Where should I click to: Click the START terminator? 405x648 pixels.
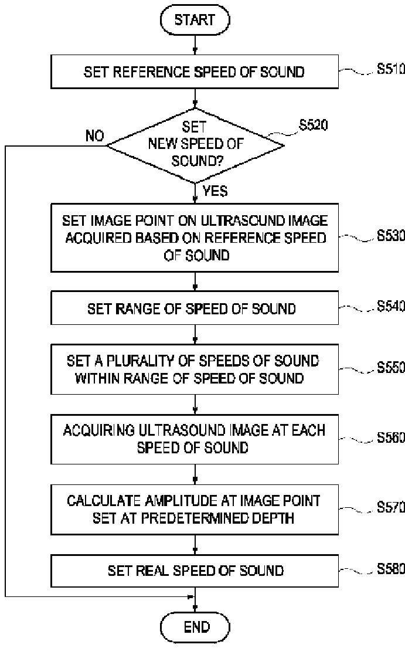[195, 21]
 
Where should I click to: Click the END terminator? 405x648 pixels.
[196, 627]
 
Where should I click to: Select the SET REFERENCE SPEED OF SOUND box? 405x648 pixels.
[194, 72]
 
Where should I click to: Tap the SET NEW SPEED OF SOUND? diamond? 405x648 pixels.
[195, 145]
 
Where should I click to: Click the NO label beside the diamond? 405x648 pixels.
[94, 137]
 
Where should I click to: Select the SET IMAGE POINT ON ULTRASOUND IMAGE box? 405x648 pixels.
[194, 238]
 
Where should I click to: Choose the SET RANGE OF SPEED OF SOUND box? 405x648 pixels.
[194, 308]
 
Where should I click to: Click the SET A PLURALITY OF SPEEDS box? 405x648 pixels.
[194, 369]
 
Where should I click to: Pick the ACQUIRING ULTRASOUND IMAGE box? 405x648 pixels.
[194, 438]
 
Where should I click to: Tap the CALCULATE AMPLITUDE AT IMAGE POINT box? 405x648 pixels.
[194, 508]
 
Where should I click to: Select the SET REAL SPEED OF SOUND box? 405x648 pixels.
[194, 570]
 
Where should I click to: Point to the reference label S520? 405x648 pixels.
[314, 124]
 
